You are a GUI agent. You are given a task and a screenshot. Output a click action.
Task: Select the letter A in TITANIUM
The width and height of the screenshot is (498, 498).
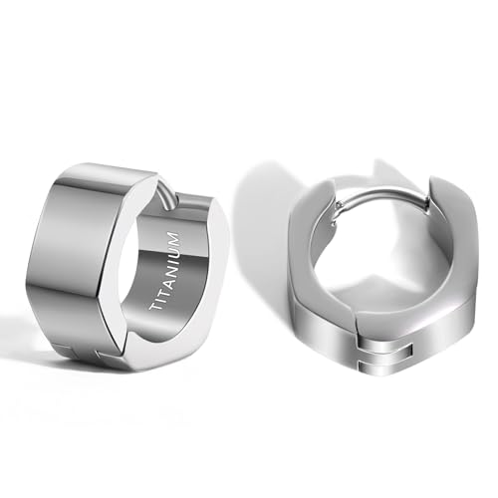(x=162, y=276)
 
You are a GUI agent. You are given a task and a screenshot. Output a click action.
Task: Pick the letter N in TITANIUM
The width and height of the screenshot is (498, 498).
(x=166, y=265)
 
